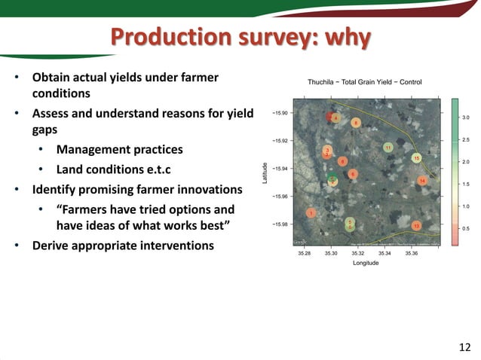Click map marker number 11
point(388,148)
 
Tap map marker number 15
point(416,158)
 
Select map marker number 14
point(422,182)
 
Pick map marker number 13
point(416,226)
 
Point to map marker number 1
point(311,213)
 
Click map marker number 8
point(355,123)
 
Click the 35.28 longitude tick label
point(304,254)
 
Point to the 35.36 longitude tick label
point(412,254)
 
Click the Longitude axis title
point(366,264)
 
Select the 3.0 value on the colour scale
point(466,117)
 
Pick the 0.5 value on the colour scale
point(466,228)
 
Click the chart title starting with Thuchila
point(364,81)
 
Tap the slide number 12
point(464,347)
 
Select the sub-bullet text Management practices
point(119,149)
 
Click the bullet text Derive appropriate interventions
point(123,246)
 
